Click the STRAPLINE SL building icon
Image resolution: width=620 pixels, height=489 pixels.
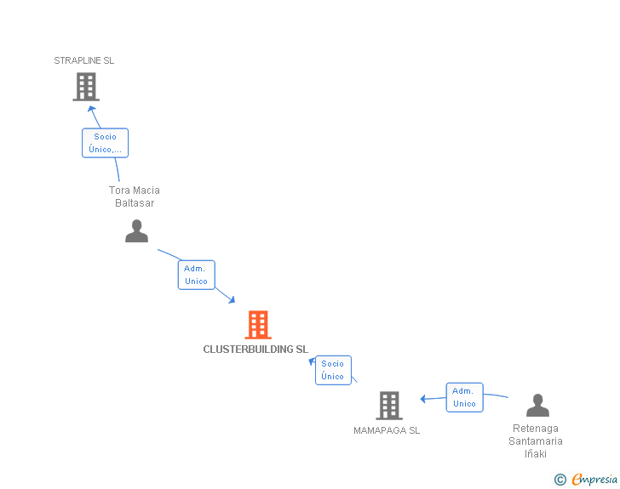86,87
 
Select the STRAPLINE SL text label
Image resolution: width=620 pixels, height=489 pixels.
84,60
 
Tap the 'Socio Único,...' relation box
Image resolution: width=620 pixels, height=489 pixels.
105,143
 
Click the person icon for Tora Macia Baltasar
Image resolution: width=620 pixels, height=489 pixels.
136,231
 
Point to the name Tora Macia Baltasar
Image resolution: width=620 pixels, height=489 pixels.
135,196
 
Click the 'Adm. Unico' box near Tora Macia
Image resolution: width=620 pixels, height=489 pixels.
196,275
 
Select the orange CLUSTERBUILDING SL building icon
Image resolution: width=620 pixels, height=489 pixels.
258,325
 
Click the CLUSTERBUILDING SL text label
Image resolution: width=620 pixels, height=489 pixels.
255,349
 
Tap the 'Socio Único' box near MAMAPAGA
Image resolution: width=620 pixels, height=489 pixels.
333,370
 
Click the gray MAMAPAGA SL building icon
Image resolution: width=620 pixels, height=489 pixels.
389,406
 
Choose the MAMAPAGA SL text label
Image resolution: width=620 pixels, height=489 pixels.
387,430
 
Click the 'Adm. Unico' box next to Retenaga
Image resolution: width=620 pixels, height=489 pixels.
464,397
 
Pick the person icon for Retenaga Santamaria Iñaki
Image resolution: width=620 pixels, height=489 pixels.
537,405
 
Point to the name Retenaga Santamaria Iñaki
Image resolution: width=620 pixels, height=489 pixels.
536,441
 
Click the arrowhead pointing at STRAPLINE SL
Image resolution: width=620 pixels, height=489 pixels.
93,110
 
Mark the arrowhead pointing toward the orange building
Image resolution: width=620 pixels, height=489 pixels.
231,299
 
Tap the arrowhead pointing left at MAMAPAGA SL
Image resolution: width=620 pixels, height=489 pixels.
423,399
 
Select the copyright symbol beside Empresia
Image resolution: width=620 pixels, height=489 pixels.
560,480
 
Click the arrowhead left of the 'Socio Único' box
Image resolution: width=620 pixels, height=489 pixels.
312,361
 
